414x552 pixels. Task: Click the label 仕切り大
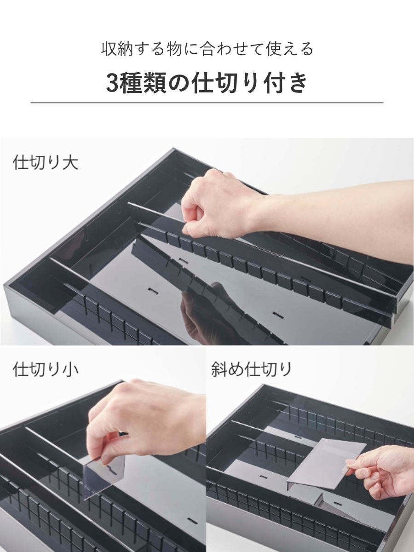[x=45, y=163]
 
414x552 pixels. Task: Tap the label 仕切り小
[x=45, y=370]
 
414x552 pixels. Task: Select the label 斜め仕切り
[x=251, y=369]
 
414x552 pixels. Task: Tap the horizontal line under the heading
[x=207, y=103]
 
